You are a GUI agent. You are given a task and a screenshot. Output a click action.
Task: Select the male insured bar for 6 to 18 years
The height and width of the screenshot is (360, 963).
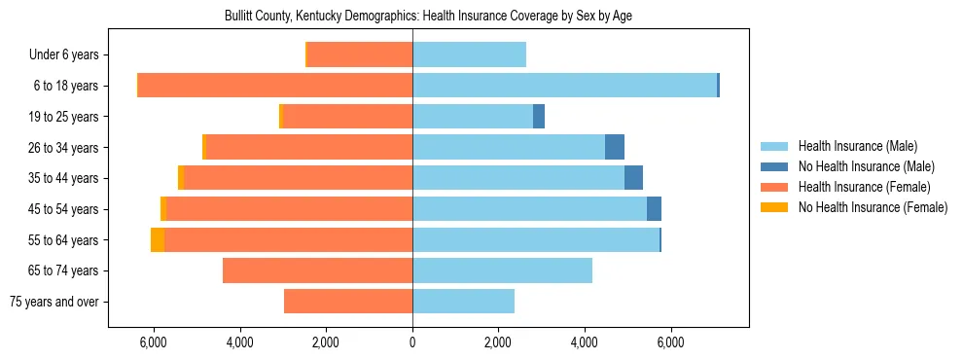pyautogui.click(x=564, y=86)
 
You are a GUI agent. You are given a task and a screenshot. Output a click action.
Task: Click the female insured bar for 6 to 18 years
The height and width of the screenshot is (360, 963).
pyautogui.click(x=275, y=86)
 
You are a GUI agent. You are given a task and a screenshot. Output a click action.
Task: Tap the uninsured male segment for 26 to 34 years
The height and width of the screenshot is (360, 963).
pyautogui.click(x=615, y=147)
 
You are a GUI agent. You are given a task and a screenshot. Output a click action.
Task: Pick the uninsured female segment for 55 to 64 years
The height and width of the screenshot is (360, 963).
pyautogui.click(x=158, y=239)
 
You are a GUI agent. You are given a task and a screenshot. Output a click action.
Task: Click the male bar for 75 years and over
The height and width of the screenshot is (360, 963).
pyautogui.click(x=463, y=301)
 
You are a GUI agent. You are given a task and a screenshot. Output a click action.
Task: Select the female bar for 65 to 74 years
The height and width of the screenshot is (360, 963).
pyautogui.click(x=317, y=270)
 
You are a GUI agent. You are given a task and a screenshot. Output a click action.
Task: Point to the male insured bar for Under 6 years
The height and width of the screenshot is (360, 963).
pyautogui.click(x=469, y=54)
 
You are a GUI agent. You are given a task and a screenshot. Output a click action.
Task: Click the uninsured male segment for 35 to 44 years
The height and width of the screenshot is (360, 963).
pyautogui.click(x=633, y=178)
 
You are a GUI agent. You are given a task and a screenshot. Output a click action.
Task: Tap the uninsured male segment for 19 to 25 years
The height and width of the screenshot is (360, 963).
pyautogui.click(x=539, y=117)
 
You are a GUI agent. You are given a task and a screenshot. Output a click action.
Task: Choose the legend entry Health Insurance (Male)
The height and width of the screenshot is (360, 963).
pyautogui.click(x=857, y=147)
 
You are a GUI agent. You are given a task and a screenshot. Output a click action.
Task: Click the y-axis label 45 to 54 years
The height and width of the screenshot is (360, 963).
pyautogui.click(x=64, y=209)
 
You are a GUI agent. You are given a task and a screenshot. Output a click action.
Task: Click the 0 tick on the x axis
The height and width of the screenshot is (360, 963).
pyautogui.click(x=412, y=342)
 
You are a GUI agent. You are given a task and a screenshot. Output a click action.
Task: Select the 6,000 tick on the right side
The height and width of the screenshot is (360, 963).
pyautogui.click(x=670, y=342)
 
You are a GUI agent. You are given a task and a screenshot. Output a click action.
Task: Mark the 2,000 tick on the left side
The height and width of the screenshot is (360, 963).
pyautogui.click(x=326, y=342)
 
